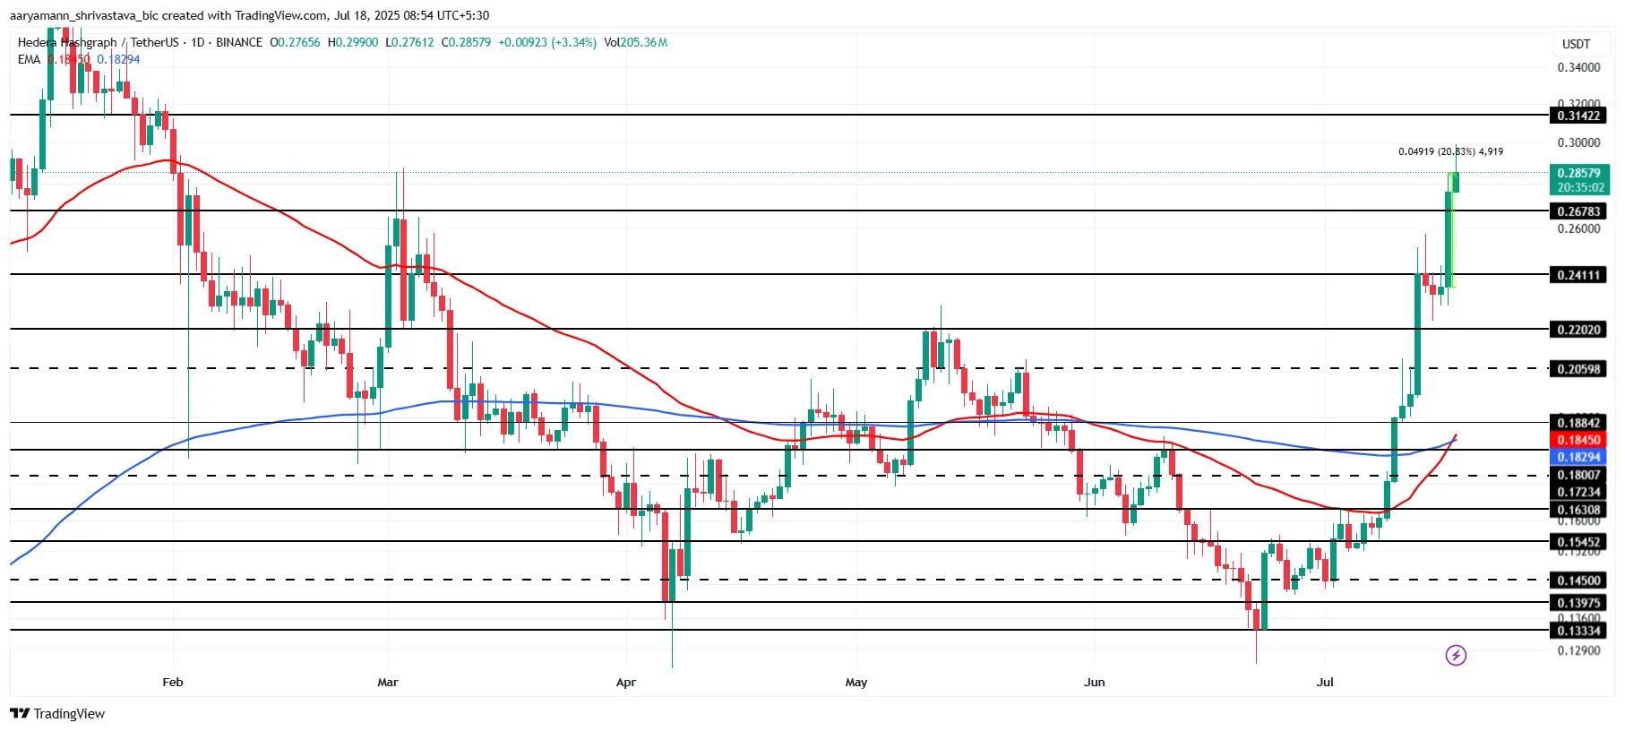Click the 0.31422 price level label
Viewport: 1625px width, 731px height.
(1578, 116)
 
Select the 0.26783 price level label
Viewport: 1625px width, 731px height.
(1578, 211)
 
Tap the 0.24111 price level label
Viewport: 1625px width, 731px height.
(1578, 275)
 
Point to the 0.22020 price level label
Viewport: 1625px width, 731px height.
(1578, 330)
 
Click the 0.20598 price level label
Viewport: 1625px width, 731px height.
(1578, 369)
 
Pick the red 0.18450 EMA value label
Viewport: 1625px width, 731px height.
(1578, 440)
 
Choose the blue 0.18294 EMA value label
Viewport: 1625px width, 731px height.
(1578, 457)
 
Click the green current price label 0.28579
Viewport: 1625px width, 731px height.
(1578, 174)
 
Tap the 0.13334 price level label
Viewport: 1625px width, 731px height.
(1578, 631)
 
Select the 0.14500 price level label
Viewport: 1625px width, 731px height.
(1578, 580)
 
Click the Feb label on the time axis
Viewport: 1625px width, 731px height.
(173, 683)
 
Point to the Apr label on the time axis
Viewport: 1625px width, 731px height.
(626, 683)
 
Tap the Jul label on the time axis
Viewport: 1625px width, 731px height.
(1325, 683)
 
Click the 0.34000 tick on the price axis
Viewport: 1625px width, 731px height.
(1578, 67)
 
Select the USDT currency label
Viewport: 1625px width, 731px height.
(1576, 44)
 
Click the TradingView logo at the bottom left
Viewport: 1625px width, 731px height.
(57, 713)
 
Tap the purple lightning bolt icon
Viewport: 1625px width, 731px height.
(1456, 656)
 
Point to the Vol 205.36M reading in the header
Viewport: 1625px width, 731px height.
(635, 42)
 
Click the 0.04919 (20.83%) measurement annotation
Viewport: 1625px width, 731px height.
(1450, 151)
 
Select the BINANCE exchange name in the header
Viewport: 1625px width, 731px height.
(239, 42)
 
